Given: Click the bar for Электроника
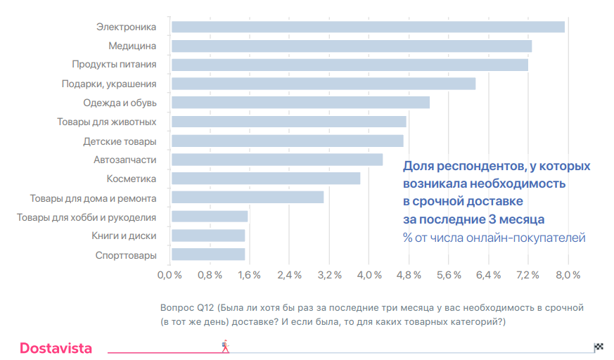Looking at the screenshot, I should pyautogui.click(x=368, y=27).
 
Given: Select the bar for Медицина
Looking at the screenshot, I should pyautogui.click(x=352, y=46).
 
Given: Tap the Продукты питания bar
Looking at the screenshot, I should pyautogui.click(x=350, y=65).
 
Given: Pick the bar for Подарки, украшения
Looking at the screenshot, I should pyautogui.click(x=324, y=84).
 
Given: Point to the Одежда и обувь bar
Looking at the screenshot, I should pyautogui.click(x=300, y=103).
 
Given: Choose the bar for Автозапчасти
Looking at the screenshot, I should pyautogui.click(x=277, y=160).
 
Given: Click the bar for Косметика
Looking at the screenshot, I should pyautogui.click(x=266, y=179).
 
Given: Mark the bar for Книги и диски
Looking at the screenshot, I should pyautogui.click(x=208, y=236).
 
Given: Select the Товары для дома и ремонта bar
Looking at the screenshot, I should pyautogui.click(x=248, y=198).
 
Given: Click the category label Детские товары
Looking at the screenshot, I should pyautogui.click(x=120, y=141).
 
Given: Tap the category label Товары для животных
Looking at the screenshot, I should pyautogui.click(x=106, y=122).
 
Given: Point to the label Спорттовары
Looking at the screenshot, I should pyautogui.click(x=126, y=255).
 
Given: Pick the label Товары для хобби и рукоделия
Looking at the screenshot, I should pyautogui.click(x=87, y=217).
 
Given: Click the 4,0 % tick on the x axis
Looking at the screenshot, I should pyautogui.click(x=370, y=274).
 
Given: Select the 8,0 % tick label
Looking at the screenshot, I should pyautogui.click(x=568, y=274).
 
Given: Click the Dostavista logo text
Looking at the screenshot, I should pyautogui.click(x=56, y=348).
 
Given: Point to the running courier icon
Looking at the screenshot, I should pyautogui.click(x=225, y=346).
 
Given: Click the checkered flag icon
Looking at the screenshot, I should pyautogui.click(x=599, y=346).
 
